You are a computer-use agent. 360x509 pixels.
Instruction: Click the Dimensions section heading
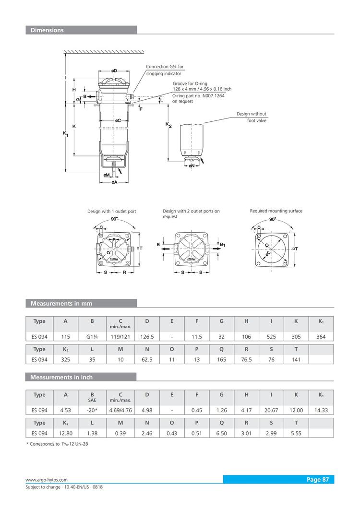tap(47, 30)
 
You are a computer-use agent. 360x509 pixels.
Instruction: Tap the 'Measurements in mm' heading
tap(61, 303)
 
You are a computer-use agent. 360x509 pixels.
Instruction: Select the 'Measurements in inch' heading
tap(61, 377)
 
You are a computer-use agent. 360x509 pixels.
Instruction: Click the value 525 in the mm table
tap(271, 337)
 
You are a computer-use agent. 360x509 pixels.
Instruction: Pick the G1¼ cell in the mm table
tap(92, 337)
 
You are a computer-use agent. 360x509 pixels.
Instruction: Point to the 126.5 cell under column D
tap(147, 337)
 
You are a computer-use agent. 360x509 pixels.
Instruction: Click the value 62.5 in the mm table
tap(147, 359)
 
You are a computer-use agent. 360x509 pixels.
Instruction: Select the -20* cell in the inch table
tap(92, 410)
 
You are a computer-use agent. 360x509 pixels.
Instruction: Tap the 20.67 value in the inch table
tap(271, 410)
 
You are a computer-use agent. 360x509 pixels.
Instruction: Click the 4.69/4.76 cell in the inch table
tap(120, 410)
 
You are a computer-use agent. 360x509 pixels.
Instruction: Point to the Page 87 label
tap(318, 479)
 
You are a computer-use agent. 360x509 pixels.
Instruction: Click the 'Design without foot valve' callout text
tap(252, 117)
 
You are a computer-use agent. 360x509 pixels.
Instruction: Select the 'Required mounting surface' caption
tap(276, 211)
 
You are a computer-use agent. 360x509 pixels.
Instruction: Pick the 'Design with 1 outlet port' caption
tap(111, 212)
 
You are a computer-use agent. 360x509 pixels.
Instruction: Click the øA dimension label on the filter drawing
tap(115, 182)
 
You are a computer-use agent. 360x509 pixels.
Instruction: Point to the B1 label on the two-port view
tap(223, 245)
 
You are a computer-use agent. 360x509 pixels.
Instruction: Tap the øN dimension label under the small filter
tap(192, 166)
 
